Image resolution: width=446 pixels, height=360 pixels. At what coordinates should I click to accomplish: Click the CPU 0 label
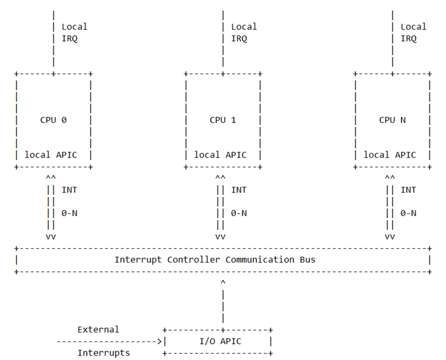(x=53, y=120)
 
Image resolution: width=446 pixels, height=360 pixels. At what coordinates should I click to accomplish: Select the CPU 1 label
(x=223, y=120)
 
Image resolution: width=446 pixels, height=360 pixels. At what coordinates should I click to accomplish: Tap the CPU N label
(x=392, y=120)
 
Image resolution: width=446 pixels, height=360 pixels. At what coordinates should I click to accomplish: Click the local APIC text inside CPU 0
(x=51, y=155)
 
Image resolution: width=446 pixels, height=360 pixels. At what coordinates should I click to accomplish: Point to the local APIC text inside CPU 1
(x=220, y=155)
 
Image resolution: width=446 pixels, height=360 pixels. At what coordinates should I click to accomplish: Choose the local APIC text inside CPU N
(x=390, y=155)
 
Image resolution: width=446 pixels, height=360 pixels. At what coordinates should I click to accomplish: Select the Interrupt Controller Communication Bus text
(x=214, y=260)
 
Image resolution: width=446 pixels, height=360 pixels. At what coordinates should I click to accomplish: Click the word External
(x=98, y=329)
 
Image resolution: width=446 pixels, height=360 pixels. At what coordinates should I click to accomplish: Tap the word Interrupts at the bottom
(x=103, y=353)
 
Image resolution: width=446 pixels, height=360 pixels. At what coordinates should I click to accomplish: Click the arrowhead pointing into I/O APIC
(x=160, y=341)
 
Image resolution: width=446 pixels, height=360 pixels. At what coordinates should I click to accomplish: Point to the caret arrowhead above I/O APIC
(x=223, y=283)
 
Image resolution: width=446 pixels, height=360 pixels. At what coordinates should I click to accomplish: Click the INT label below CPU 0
(x=69, y=190)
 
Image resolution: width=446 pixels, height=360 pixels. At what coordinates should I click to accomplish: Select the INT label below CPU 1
(x=239, y=190)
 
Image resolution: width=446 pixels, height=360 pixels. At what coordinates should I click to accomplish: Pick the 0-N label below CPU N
(x=409, y=213)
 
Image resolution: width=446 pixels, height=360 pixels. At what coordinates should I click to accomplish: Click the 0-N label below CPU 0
(x=69, y=213)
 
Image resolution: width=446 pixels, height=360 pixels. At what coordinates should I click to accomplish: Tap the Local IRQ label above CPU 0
(x=74, y=33)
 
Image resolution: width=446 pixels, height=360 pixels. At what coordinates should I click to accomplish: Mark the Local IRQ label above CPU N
(x=413, y=33)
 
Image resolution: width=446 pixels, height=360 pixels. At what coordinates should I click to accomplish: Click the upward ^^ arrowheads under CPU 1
(x=220, y=178)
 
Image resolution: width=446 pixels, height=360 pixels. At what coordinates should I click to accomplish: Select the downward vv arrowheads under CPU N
(x=390, y=237)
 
